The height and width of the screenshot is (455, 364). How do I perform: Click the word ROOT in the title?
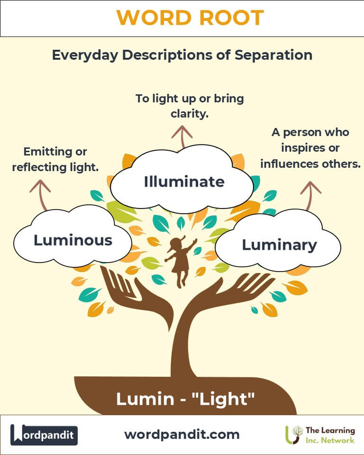tap(231, 18)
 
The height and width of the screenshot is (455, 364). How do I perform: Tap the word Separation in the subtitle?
tap(273, 55)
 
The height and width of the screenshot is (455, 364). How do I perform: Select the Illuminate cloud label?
tap(184, 182)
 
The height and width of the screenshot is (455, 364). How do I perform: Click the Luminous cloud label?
tap(73, 240)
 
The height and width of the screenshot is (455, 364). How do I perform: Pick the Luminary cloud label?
tap(279, 245)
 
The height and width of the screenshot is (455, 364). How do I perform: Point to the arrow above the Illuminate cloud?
tap(182, 136)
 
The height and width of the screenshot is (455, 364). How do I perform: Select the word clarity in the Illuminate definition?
tap(190, 114)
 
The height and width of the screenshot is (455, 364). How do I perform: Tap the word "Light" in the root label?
tap(224, 399)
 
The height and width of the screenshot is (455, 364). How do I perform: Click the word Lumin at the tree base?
tap(145, 399)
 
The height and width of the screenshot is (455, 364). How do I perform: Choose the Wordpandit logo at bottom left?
tap(44, 435)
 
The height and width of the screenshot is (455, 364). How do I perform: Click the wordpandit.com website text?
tap(182, 435)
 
